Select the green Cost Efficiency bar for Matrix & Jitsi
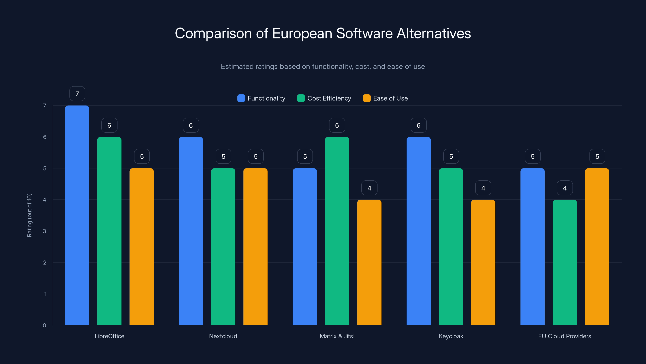coord(337,231)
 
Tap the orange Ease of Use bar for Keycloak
coord(483,262)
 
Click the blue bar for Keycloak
coord(418,231)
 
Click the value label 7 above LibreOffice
coord(77,94)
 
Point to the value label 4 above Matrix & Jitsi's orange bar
coord(369,188)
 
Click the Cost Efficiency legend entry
coord(324,98)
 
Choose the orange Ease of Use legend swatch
coord(367,98)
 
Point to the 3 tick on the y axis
coord(44,231)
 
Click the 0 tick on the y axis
coord(44,325)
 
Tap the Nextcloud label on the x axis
coord(223,336)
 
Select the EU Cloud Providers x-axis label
coord(564,336)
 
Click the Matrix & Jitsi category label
coord(337,336)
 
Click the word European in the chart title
coord(302,33)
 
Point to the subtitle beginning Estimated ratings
coord(323,67)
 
